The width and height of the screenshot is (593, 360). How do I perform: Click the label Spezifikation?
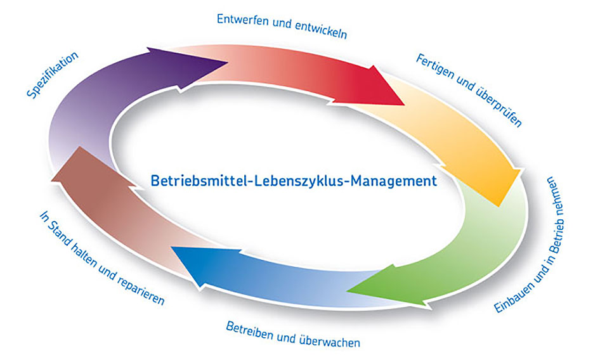53,75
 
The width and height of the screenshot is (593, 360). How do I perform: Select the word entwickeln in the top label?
321,30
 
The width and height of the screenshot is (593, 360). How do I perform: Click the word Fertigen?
434,67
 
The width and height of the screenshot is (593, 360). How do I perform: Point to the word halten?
84,255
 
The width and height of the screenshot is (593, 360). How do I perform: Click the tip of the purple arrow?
228,62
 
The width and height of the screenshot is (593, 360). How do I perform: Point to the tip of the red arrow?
405,105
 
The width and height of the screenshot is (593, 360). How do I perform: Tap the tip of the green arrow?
347,292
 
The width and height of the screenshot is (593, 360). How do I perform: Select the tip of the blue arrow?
172,247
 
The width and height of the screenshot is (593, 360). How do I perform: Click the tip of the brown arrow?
51,180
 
